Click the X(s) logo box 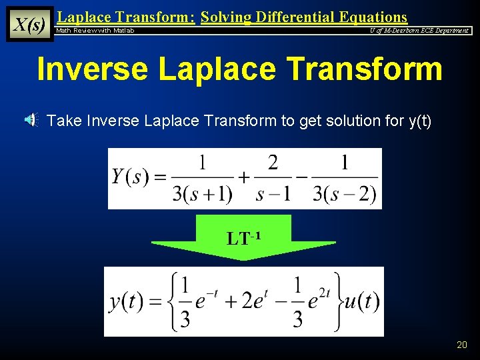[29, 24]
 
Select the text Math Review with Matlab [95, 31]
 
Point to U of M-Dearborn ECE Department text [419, 31]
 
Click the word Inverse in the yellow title [91, 69]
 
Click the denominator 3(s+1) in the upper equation [202, 193]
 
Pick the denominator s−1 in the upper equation [273, 193]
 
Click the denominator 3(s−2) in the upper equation [345, 193]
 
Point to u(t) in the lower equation [361, 301]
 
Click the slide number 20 [461, 345]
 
